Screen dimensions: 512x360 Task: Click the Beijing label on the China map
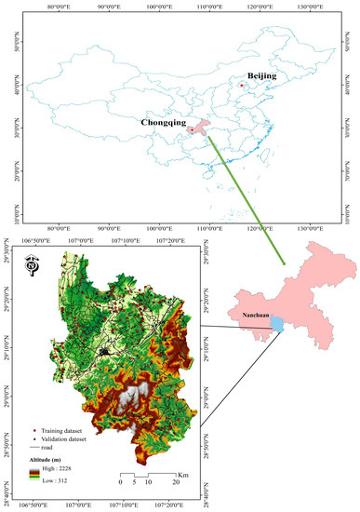(x=260, y=74)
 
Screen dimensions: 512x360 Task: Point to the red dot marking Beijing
(x=242, y=86)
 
